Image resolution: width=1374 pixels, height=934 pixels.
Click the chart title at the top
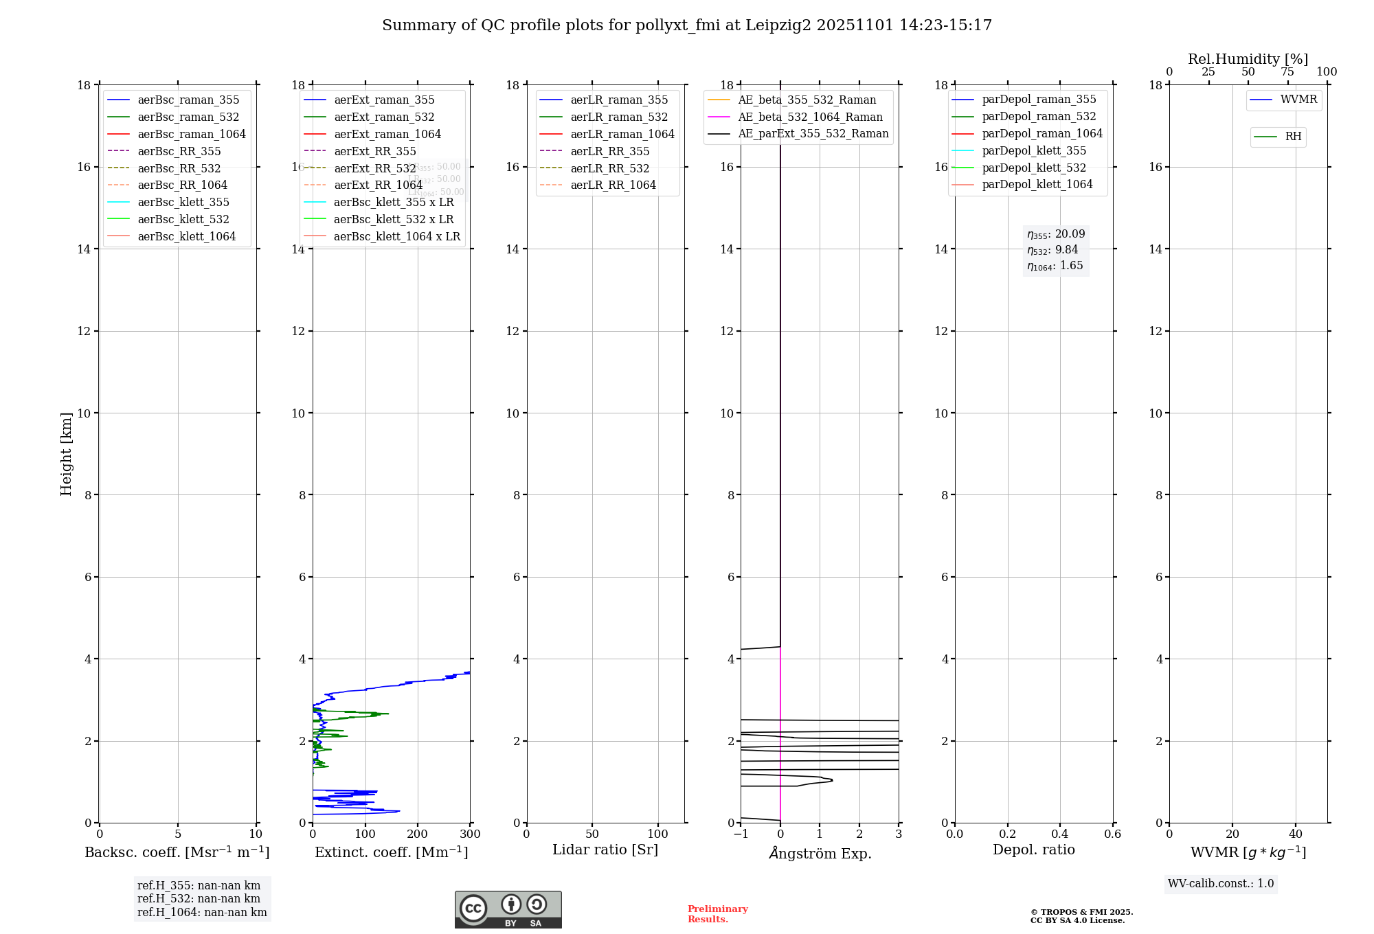687,25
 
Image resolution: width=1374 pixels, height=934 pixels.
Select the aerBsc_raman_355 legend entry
188,100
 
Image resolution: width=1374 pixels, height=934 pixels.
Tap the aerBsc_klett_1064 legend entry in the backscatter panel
186,236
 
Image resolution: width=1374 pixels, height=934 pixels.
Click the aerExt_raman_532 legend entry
384,117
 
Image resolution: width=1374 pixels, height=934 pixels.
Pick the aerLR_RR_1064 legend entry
613,185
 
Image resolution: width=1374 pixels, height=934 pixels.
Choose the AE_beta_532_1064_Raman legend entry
810,117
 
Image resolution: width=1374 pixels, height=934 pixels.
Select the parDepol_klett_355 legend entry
1034,150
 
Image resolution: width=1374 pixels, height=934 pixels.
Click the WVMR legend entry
1298,100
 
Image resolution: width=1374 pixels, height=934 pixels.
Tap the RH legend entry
1293,137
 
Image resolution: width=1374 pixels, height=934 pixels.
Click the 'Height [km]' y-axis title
66,453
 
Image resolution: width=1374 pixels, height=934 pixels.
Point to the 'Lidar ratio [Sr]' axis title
605,850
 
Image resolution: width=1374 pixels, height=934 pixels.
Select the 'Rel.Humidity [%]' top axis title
1248,59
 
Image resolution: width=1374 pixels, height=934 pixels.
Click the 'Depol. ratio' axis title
1033,850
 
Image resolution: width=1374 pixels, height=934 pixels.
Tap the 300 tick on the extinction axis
471,834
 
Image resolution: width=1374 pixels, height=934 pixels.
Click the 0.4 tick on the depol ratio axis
1060,834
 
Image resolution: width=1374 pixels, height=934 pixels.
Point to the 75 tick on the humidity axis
1287,72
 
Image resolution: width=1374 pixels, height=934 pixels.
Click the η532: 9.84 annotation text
1052,250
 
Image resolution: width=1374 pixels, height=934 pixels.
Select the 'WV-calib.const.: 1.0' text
1221,884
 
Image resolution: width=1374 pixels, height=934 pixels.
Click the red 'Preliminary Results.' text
717,914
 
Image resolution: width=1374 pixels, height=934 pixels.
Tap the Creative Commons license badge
508,909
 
